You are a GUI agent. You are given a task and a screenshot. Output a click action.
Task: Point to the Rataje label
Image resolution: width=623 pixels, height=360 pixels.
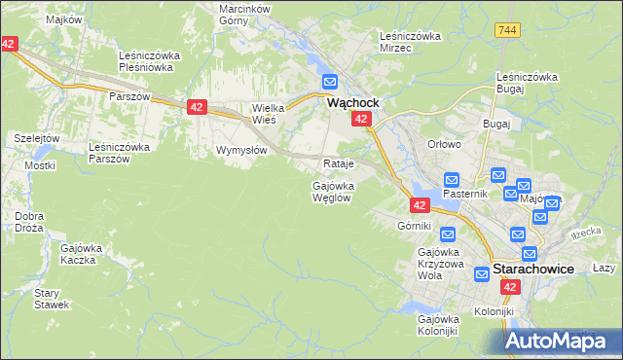tap(337, 162)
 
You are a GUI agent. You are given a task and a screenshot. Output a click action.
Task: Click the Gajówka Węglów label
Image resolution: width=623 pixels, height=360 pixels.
tap(333, 191)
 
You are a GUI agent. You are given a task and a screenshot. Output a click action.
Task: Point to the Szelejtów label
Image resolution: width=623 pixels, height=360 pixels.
tap(37, 138)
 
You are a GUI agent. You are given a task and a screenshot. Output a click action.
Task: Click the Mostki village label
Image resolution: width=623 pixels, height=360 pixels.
tap(40, 165)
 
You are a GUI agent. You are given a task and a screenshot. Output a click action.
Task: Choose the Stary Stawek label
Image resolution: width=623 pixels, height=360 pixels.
tap(50, 298)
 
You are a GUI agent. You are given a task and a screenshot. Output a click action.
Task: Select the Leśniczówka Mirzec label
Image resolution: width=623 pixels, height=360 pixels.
tap(410, 42)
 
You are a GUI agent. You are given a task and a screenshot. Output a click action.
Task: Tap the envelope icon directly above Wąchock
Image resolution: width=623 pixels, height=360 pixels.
tap(330, 83)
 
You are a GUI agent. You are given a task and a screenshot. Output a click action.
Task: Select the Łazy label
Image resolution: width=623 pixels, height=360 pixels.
tap(605, 268)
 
